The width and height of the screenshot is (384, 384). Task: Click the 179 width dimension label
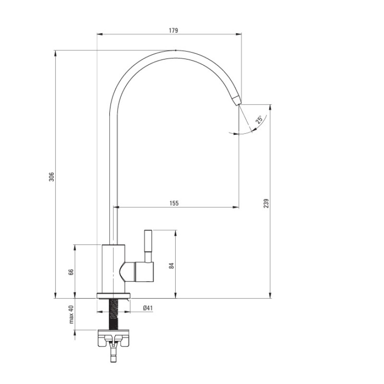tap(173, 30)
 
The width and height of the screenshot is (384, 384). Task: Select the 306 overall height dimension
tap(51, 177)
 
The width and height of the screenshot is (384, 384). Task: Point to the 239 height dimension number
tap(266, 204)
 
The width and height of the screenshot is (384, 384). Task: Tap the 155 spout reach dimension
tap(174, 203)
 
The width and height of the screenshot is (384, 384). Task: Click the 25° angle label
tap(259, 119)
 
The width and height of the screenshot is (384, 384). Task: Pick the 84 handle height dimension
tap(171, 266)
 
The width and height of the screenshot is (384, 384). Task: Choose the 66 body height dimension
tap(71, 272)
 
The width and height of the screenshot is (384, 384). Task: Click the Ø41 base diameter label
tap(148, 308)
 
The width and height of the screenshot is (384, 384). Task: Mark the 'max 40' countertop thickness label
tap(71, 314)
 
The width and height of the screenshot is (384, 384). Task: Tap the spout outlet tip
tap(238, 105)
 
